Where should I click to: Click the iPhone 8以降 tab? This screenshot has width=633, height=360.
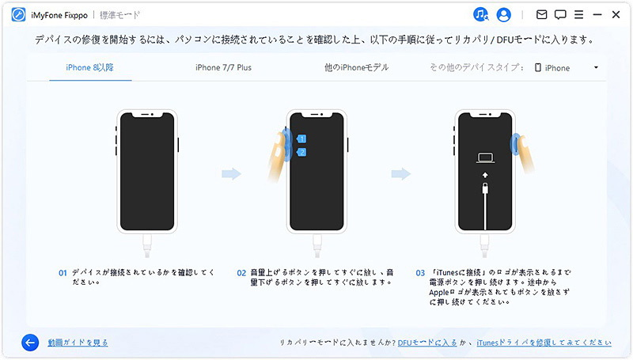point(89,68)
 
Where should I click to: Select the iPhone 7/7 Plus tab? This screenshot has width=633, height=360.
point(223,68)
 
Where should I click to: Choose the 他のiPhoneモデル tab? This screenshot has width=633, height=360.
point(356,68)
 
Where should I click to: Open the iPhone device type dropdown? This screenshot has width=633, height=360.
point(567,68)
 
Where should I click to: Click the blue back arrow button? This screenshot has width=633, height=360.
point(30,343)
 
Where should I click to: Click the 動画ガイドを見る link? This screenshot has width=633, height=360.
point(78,343)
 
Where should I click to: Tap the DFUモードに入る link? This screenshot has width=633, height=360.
point(427,343)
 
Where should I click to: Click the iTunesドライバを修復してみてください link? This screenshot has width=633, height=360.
point(544,343)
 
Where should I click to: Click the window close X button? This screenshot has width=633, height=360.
point(616,14)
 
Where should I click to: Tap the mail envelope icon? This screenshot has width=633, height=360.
point(541,14)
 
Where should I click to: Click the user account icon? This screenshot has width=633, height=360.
point(503,14)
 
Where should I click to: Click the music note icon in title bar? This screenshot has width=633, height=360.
point(481,14)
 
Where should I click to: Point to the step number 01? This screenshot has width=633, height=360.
point(63,273)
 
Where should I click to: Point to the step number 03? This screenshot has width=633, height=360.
point(420,273)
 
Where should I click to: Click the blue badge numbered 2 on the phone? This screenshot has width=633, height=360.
point(301,152)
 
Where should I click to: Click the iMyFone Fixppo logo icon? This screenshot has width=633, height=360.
point(17,14)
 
